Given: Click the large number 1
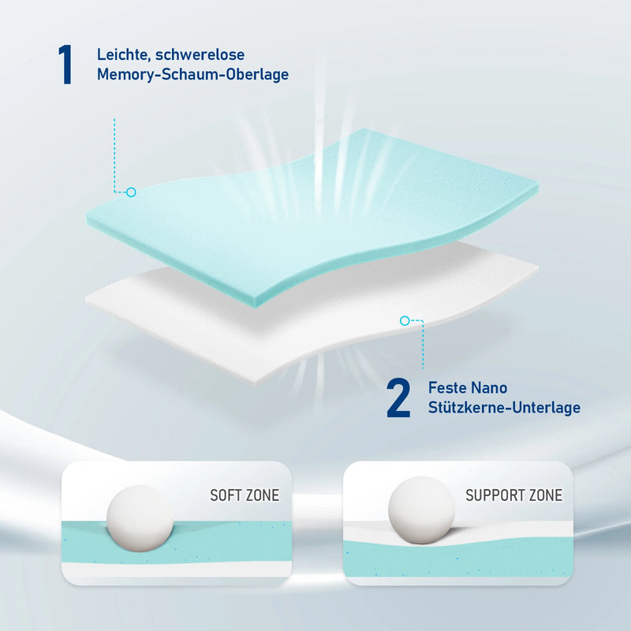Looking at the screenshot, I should [x=65, y=65].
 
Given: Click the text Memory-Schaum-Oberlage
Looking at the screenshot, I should [x=192, y=75].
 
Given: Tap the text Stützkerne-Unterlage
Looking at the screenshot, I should [x=504, y=408].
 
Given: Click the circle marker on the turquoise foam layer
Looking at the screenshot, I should [x=131, y=192].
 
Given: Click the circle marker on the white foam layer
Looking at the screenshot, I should [x=405, y=320].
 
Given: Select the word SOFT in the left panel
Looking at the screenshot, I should [x=225, y=495].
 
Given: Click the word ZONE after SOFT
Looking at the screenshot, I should [x=261, y=495].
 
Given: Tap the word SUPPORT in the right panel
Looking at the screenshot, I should [x=495, y=495].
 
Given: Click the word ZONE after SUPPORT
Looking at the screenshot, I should [x=544, y=495].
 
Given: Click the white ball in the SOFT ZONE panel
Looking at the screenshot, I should [x=140, y=517].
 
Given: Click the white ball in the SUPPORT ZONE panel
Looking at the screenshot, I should [x=421, y=510].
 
